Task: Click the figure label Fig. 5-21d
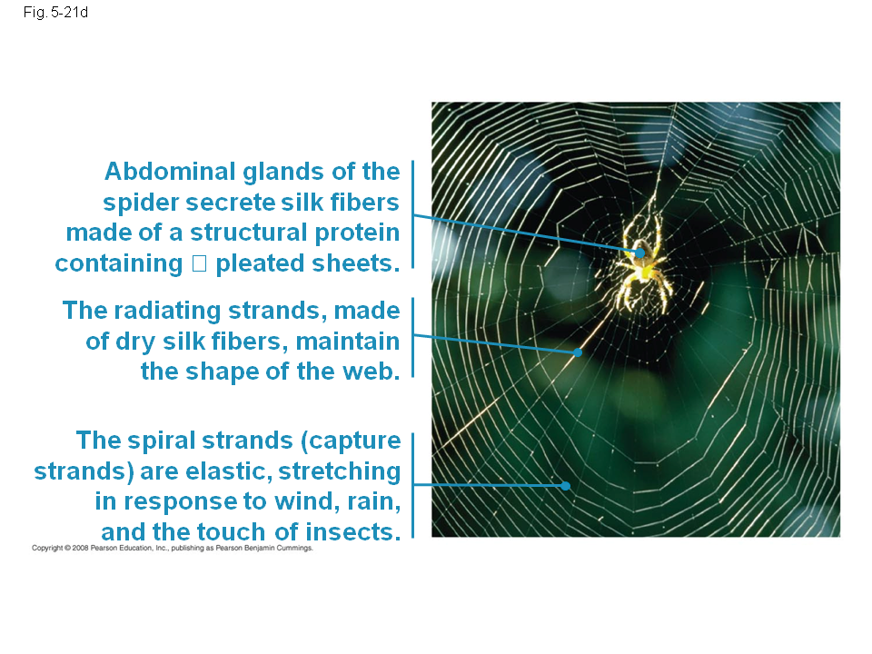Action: (x=55, y=12)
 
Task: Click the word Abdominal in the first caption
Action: (x=170, y=172)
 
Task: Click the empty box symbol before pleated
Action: (x=199, y=263)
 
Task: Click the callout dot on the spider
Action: (x=640, y=253)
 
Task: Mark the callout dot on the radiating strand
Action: (x=578, y=352)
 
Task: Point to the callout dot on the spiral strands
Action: (x=566, y=485)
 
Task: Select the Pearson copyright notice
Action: (x=173, y=549)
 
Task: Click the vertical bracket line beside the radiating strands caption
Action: (x=412, y=338)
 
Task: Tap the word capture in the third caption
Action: (x=351, y=441)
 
